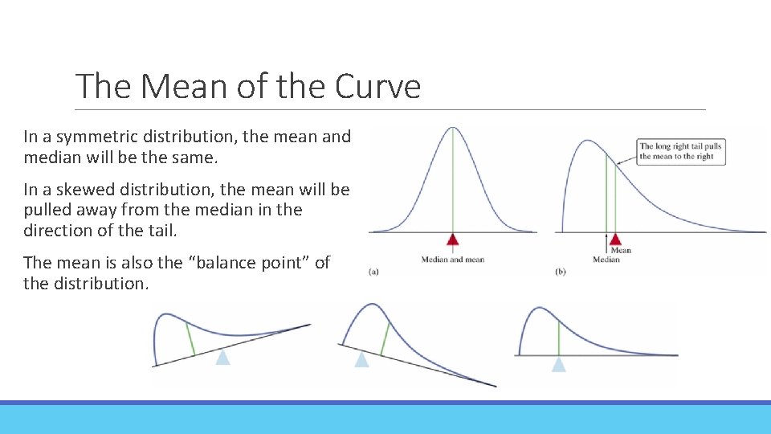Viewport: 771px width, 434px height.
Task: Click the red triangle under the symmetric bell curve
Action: [453, 239]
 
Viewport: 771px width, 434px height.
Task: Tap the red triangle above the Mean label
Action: [615, 239]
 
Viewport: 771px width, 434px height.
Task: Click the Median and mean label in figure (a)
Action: [453, 259]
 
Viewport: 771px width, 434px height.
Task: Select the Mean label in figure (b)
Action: [621, 250]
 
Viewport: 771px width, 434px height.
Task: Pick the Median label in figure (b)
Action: [606, 260]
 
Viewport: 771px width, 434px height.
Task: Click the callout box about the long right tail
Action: [680, 151]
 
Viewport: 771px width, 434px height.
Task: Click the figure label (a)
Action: [373, 272]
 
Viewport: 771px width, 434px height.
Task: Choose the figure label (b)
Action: [560, 272]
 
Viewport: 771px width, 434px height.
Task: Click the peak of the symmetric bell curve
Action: [453, 129]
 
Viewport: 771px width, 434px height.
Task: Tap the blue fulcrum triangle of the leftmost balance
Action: [222, 356]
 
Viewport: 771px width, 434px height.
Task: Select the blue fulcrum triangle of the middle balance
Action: [362, 359]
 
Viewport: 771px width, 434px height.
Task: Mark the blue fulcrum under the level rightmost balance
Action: [558, 363]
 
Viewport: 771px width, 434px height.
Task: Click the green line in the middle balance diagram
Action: [385, 337]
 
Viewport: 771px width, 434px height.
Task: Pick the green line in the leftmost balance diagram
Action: [190, 338]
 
